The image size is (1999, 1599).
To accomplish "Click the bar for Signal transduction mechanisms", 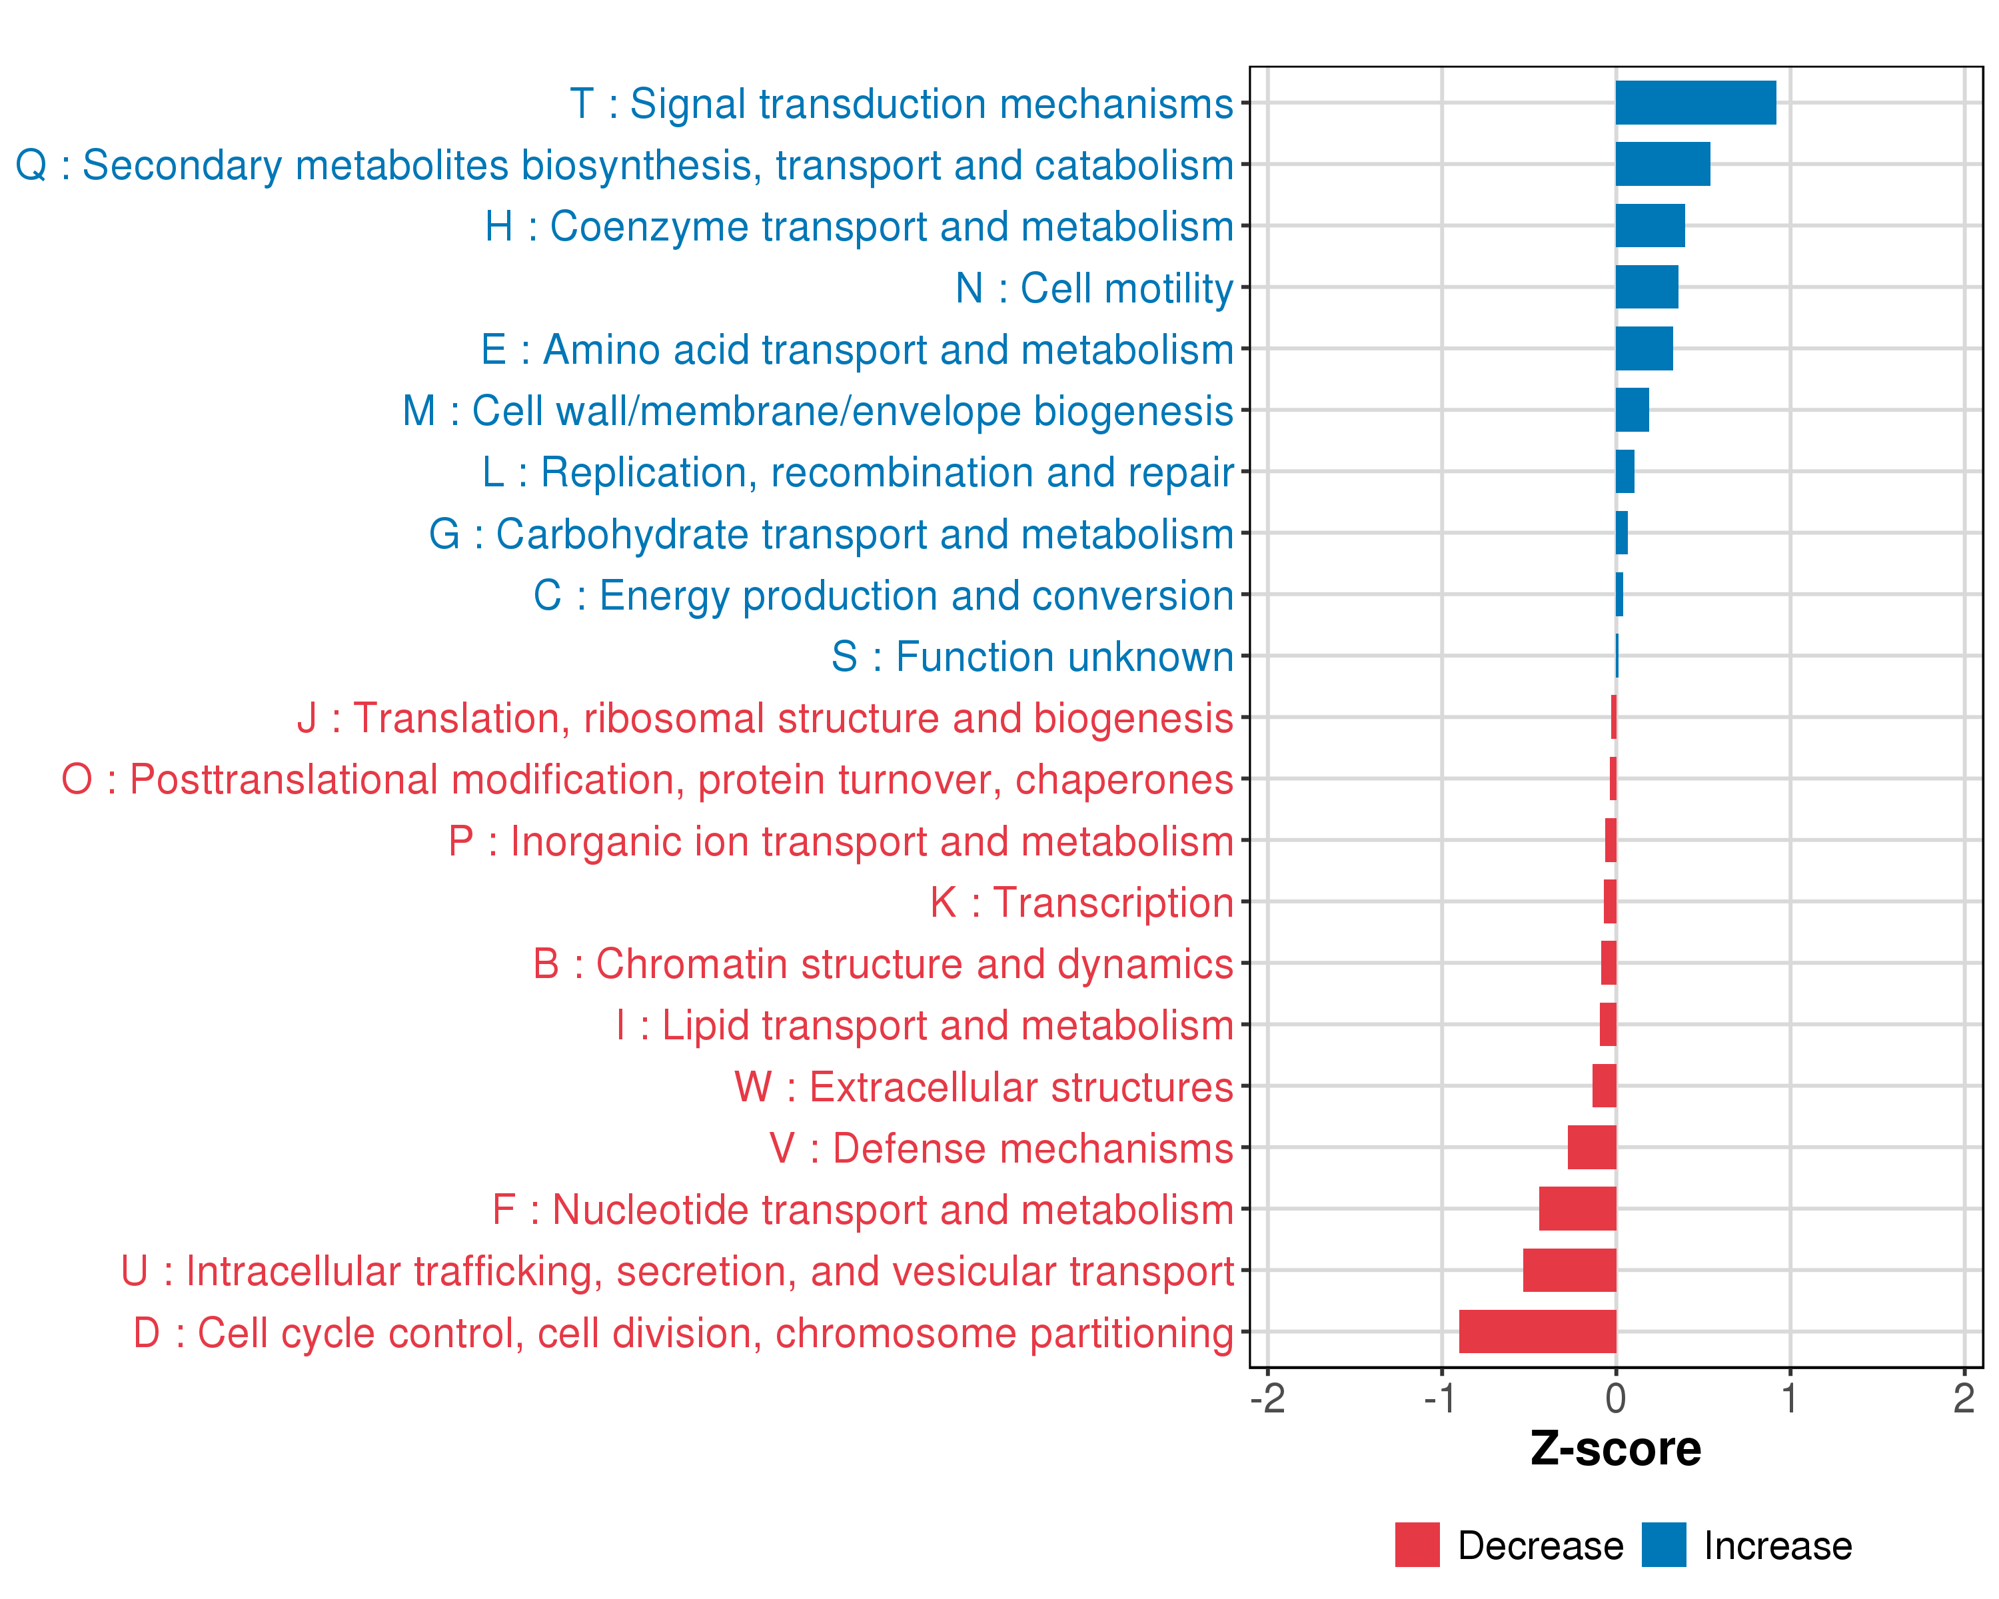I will (x=1695, y=103).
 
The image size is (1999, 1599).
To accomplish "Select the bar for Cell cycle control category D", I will (x=1537, y=1331).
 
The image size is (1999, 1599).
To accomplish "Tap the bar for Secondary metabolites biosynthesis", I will (x=1663, y=164).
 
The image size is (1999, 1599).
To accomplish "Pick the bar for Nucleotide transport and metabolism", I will (x=1577, y=1209).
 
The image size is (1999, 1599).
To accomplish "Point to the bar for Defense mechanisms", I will (x=1591, y=1147).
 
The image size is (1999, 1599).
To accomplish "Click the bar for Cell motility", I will (x=1647, y=287).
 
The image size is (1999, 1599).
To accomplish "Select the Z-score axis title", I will (x=1615, y=1449).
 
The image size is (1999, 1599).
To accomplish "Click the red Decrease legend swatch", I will (x=1417, y=1545).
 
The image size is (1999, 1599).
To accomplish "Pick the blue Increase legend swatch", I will (x=1663, y=1545).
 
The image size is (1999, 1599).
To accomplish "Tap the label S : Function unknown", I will (x=1032, y=657).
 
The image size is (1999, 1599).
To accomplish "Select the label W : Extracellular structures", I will (x=983, y=1087).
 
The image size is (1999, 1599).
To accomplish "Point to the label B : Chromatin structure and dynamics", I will (x=883, y=964).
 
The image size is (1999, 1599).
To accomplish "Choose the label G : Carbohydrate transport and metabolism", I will (x=831, y=534).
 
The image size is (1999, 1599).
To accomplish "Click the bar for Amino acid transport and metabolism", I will (x=1644, y=348).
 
